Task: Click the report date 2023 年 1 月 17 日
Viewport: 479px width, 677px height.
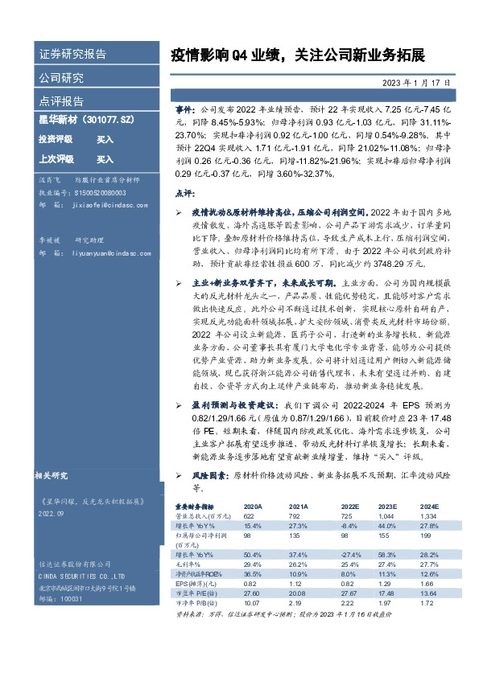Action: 416,82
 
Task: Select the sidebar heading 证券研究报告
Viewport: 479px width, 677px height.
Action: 72,55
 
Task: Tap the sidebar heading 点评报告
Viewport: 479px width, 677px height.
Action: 61,101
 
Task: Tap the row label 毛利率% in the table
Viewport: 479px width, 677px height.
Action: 188,563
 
